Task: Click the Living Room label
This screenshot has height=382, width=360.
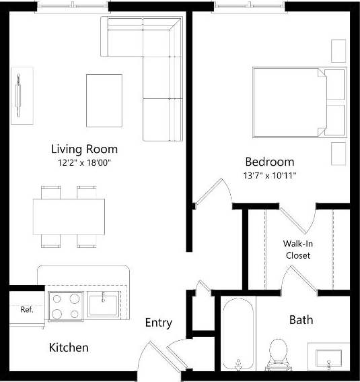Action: point(84,149)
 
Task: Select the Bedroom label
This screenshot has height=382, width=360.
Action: point(269,162)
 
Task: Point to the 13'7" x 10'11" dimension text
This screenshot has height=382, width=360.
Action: point(270,175)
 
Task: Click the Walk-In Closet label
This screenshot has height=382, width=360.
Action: point(298,249)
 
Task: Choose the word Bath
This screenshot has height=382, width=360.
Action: point(301,319)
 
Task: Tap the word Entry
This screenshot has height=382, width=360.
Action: point(158,323)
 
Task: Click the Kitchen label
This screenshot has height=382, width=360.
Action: point(69,348)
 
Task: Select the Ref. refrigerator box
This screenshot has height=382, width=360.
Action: point(27,310)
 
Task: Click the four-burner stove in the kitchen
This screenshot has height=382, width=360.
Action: point(64,306)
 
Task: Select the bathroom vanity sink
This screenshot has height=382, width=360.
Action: point(328,356)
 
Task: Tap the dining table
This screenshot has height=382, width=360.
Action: point(69,216)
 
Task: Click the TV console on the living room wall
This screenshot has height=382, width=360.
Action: point(21,95)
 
